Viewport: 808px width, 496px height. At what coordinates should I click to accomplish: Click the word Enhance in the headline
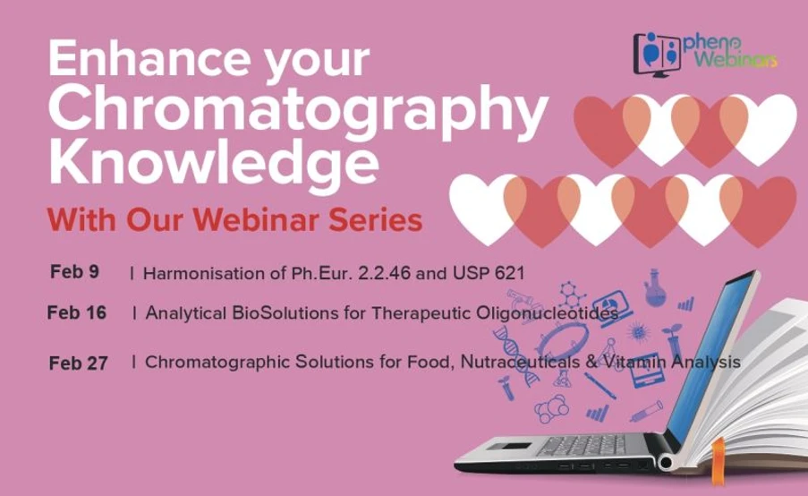136,61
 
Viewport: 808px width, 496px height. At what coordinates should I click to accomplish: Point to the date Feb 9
74,271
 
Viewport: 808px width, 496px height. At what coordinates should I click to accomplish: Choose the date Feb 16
77,312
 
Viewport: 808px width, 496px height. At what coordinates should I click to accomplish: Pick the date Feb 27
79,363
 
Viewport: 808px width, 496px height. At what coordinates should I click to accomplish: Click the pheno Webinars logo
703,54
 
